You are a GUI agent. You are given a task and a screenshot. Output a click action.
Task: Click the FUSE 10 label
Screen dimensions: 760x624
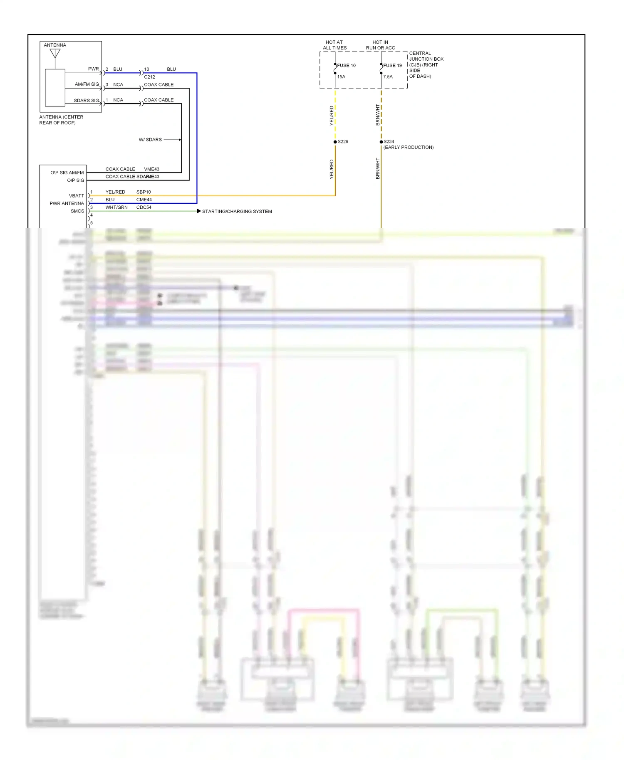click(x=346, y=66)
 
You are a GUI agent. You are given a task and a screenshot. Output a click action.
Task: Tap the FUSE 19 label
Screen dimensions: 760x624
click(x=392, y=66)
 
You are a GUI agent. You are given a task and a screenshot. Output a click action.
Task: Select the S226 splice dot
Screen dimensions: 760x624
click(x=335, y=142)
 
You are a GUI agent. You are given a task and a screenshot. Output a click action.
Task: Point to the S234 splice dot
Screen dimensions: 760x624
click(x=381, y=142)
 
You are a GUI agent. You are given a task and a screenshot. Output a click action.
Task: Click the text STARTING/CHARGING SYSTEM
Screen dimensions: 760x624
click(x=237, y=212)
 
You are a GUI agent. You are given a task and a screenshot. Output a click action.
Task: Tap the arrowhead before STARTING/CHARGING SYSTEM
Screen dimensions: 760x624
click(x=199, y=211)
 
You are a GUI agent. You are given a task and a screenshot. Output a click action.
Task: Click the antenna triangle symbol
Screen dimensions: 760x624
click(x=55, y=54)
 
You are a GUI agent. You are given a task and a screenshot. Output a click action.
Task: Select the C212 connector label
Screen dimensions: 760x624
click(x=149, y=77)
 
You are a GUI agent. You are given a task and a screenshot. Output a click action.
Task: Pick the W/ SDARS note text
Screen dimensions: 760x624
click(x=150, y=140)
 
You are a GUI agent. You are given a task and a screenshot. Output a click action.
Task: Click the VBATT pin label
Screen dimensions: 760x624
click(x=77, y=196)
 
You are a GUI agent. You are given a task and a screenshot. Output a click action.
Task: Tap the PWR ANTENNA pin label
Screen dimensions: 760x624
click(x=67, y=204)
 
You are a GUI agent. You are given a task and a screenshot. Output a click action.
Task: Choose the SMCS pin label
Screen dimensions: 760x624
click(x=77, y=211)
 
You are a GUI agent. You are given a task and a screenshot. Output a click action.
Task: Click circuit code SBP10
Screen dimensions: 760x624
click(x=144, y=192)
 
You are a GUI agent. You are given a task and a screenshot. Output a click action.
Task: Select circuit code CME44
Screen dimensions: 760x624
click(x=144, y=200)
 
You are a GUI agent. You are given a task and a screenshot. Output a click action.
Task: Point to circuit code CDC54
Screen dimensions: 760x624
click(x=144, y=207)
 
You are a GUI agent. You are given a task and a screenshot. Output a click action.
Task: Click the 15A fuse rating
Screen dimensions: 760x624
click(x=341, y=77)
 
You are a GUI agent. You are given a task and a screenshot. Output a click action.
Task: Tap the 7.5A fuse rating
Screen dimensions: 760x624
click(x=388, y=77)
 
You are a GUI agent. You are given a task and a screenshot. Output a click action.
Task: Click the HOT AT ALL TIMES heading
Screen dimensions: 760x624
click(x=334, y=45)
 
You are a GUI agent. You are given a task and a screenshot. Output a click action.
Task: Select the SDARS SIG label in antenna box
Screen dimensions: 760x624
click(x=87, y=101)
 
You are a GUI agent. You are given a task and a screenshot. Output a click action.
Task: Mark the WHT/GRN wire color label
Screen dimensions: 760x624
click(x=116, y=207)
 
